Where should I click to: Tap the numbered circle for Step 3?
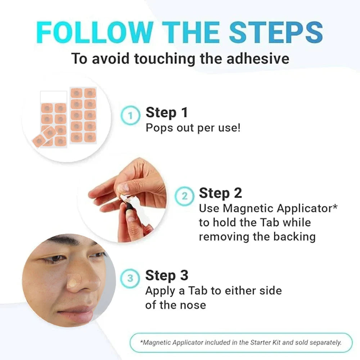pos(130,278)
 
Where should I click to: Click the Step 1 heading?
pos(167,113)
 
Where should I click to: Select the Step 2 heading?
pos(220,193)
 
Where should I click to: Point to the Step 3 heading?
pos(167,276)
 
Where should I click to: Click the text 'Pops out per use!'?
pos(193,128)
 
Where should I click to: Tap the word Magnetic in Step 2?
pos(248,208)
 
